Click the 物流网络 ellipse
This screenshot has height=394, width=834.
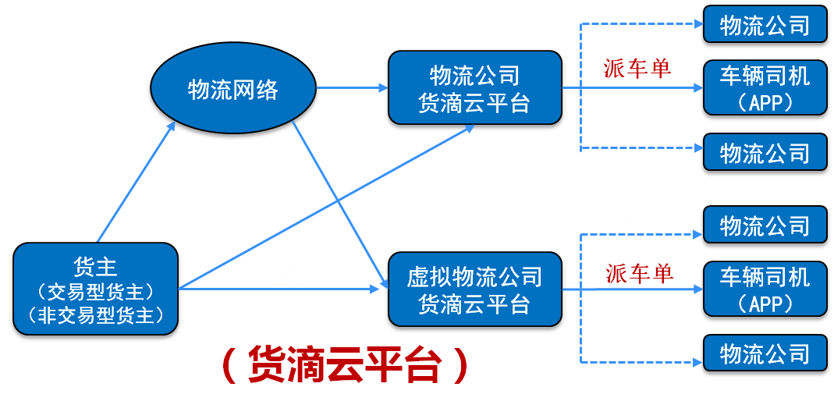[233, 90]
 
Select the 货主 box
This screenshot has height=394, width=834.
[95, 289]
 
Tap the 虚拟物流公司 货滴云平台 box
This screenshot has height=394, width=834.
[475, 289]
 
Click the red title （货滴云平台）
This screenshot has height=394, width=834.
[346, 364]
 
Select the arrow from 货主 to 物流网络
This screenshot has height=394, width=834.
[137, 182]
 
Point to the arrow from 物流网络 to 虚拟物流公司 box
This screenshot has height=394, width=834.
[340, 205]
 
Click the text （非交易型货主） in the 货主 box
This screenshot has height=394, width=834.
[95, 316]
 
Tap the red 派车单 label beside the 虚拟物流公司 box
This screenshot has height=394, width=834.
[639, 273]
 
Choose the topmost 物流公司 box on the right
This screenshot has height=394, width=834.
[765, 24]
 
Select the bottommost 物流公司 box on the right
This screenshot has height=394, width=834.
[765, 353]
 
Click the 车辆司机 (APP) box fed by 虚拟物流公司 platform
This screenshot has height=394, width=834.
[765, 289]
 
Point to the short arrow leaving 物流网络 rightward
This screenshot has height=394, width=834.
[352, 87]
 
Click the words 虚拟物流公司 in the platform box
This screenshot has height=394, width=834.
[474, 277]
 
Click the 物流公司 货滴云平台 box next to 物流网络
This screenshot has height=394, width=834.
[475, 87]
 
